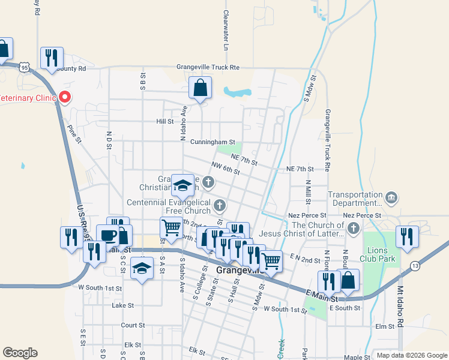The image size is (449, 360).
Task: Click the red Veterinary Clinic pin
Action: (64, 97)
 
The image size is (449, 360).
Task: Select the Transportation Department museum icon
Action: (391, 197)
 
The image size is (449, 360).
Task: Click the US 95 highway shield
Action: (23, 67)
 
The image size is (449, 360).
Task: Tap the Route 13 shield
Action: (415, 265)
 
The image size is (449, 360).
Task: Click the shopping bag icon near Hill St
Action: (200, 88)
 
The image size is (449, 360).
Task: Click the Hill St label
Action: (164, 121)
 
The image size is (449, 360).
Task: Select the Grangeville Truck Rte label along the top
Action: (208, 68)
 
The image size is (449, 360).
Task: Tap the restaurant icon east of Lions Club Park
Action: (407, 236)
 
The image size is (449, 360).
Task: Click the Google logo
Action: (20, 353)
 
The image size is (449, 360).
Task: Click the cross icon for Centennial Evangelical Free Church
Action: (220, 206)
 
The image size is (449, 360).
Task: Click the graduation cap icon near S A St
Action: (142, 268)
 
